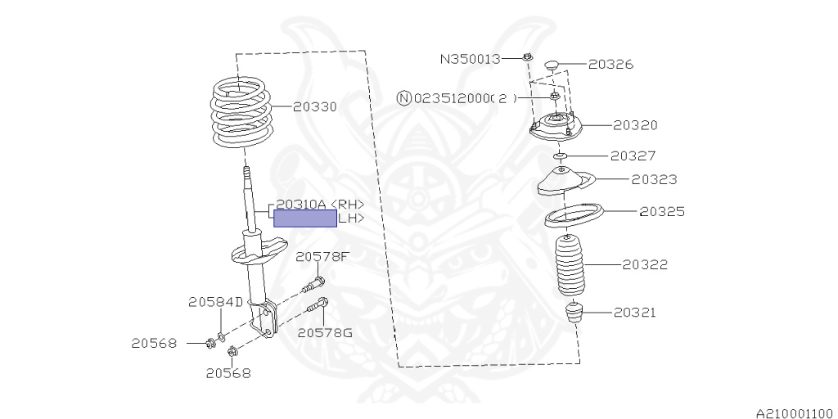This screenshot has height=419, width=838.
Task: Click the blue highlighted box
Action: coord(304,219)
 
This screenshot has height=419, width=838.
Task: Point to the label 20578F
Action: coord(322,257)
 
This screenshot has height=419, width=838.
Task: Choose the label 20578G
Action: coord(325,332)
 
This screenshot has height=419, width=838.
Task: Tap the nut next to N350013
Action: coord(527,57)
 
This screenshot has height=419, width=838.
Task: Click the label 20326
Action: coord(610,64)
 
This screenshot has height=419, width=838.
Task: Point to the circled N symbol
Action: coord(403,98)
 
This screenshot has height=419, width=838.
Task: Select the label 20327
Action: coord(633,155)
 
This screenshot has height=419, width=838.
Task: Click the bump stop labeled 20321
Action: coord(576,313)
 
